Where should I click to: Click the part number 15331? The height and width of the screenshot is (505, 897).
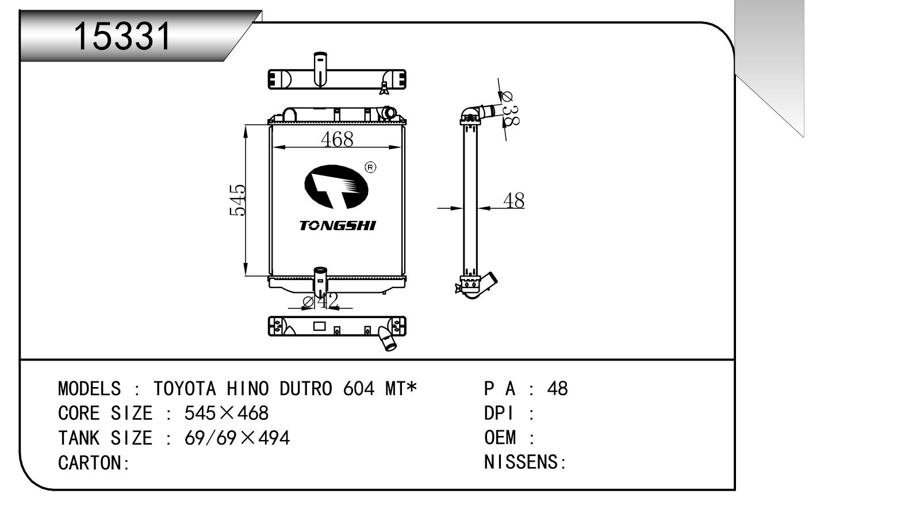(123, 36)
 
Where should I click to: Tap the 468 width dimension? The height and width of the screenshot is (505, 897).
(337, 139)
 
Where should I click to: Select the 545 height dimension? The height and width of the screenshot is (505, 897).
(237, 200)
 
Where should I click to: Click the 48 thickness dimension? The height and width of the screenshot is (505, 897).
(513, 201)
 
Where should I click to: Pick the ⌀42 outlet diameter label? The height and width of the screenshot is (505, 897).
(321, 300)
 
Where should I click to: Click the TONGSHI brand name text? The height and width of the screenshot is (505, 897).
(337, 225)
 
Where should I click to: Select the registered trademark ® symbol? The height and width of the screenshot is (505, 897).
(371, 167)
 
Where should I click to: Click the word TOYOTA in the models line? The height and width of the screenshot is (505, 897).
(184, 389)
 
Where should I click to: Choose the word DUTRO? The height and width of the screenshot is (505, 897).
(305, 389)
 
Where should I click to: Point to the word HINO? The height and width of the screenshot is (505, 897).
(247, 389)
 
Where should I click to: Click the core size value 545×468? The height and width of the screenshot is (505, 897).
(226, 414)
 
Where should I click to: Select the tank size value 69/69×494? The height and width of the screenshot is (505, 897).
(237, 438)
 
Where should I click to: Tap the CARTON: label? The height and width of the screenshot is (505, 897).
(94, 462)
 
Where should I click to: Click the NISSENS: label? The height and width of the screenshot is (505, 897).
(525, 462)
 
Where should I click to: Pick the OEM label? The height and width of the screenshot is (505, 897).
(500, 438)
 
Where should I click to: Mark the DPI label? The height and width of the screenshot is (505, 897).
(499, 414)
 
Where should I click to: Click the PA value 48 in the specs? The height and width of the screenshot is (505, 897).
(557, 389)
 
